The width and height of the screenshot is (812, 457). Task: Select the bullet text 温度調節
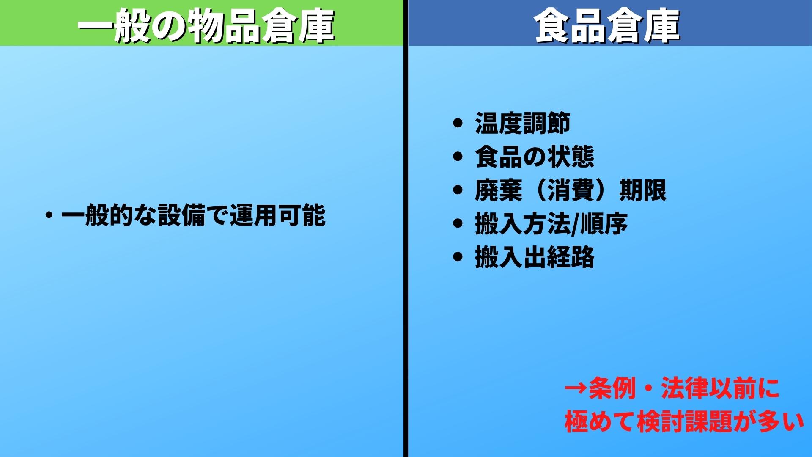coord(523,124)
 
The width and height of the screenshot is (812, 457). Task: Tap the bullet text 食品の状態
coord(535,157)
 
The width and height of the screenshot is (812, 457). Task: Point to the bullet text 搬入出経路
coord(535,257)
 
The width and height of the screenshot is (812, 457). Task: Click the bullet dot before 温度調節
coord(458,124)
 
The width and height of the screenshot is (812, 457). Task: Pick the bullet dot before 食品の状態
coord(458,157)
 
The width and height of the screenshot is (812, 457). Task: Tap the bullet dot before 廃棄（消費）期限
coord(458,190)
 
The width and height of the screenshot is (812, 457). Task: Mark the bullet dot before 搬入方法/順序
coord(458,223)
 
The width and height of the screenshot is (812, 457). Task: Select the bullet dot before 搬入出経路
coord(458,257)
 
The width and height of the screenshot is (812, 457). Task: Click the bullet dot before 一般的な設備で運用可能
coord(49,215)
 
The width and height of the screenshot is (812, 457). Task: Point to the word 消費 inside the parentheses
coord(571,190)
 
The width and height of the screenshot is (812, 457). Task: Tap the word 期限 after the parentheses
coord(643,190)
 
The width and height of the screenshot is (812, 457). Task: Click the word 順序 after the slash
coord(604,223)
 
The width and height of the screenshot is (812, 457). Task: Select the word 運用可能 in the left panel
coord(278,215)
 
